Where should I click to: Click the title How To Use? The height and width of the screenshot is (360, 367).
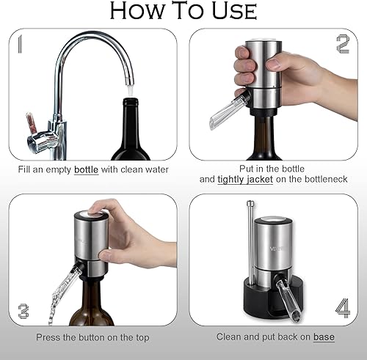click(183, 12)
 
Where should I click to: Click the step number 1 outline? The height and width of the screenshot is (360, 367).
click(21, 45)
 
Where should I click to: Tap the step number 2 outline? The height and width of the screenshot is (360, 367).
click(342, 45)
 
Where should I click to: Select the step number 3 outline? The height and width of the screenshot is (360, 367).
click(23, 310)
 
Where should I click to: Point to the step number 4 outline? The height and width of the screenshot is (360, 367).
click(342, 308)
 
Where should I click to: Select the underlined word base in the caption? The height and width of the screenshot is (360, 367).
click(324, 337)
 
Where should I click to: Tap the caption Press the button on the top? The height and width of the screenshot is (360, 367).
click(92, 337)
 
